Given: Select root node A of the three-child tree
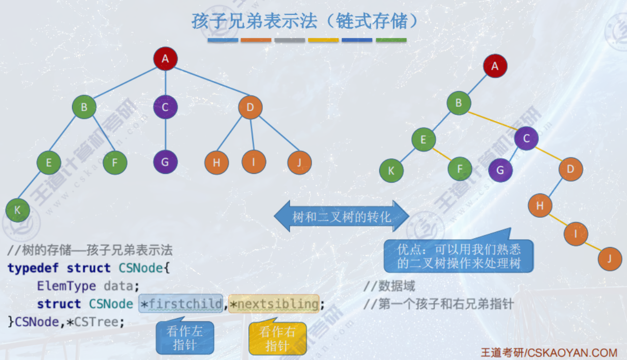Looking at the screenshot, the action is (x=166, y=59).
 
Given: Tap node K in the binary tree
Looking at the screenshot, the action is (x=392, y=171).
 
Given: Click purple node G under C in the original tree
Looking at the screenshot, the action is (x=166, y=162).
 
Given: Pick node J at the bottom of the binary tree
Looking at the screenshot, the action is (x=609, y=259).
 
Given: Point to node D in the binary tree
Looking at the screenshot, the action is (x=571, y=170).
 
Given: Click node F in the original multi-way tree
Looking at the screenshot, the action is (x=115, y=163).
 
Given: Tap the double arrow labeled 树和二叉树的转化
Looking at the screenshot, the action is (x=341, y=216).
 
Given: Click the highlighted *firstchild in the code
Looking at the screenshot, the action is (x=181, y=304).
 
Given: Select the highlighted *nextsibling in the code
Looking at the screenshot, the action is (x=274, y=304).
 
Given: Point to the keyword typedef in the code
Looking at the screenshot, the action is (x=32, y=268).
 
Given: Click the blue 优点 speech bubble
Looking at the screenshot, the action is (x=459, y=256).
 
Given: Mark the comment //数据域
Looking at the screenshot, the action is (x=389, y=286).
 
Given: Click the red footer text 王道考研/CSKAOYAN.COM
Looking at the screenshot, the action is (x=549, y=352).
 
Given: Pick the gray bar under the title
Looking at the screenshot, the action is (x=290, y=40).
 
